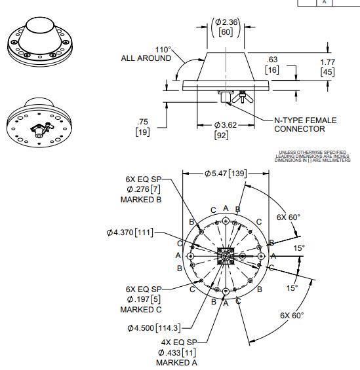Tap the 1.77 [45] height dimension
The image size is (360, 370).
coord(328,67)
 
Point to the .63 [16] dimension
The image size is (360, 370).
coord(272,64)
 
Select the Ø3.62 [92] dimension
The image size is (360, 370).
coord(222,130)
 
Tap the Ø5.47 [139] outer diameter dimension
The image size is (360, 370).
coord(225,172)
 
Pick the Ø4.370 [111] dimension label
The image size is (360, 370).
coord(132,232)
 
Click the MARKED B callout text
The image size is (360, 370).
coord(136,199)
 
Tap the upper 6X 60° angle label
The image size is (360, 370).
coord(288,217)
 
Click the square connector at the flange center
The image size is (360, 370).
coord(226,256)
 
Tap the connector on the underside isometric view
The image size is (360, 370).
coord(39,128)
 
